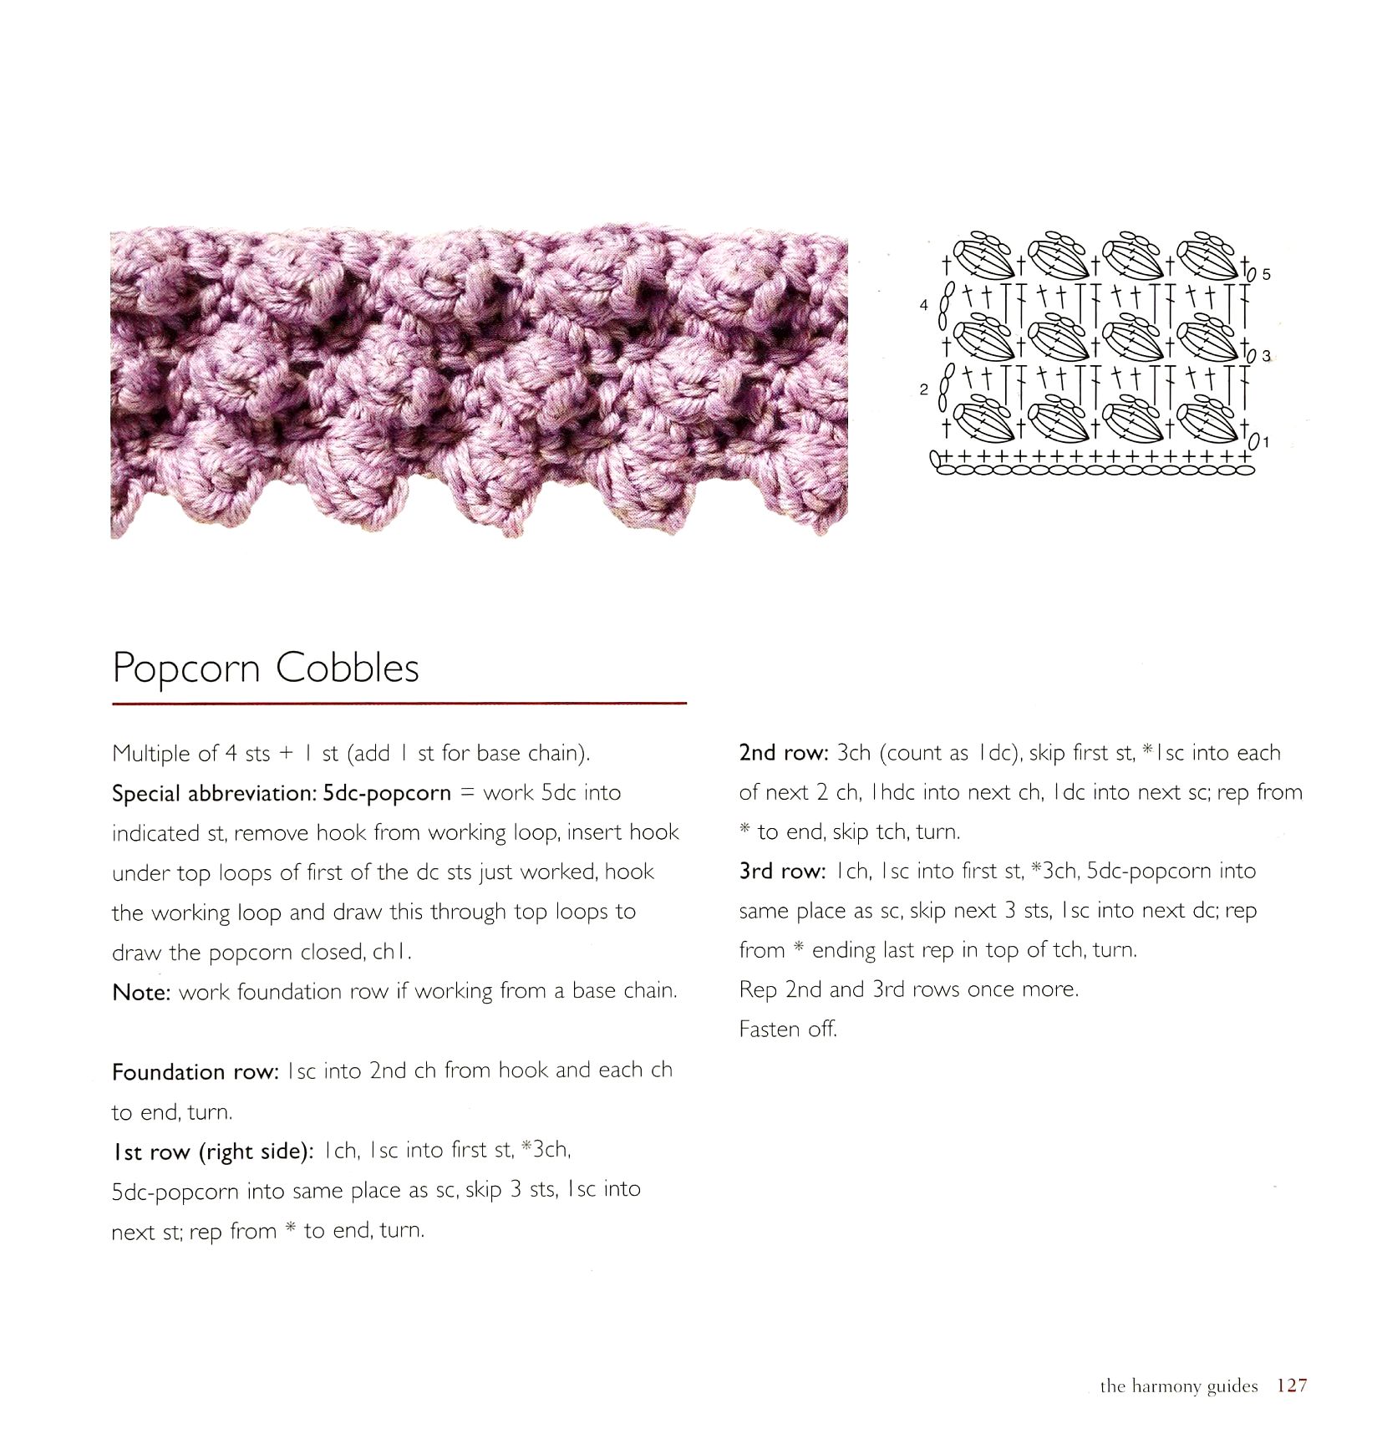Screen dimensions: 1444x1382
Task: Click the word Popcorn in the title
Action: point(188,668)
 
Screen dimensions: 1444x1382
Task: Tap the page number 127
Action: point(1291,1385)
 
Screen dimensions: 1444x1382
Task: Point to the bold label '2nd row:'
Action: point(783,753)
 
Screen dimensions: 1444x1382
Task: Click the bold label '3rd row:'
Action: point(783,871)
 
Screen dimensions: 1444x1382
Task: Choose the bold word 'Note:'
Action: point(141,992)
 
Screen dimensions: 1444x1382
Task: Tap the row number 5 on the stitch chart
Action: point(1267,274)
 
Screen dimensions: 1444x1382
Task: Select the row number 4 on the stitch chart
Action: point(923,305)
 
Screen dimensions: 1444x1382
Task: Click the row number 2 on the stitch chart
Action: point(923,389)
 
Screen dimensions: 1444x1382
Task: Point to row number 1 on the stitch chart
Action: point(1266,441)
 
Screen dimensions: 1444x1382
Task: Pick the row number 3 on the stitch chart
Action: point(1267,356)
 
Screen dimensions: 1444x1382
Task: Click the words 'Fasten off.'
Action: point(787,1029)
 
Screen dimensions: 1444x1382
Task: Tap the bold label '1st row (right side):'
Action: point(213,1152)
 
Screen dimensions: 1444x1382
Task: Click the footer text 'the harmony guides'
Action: point(1178,1386)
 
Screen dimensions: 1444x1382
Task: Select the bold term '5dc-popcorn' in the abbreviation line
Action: point(387,793)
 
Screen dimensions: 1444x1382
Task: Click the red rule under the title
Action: point(399,704)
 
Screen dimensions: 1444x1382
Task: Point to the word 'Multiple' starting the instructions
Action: point(151,754)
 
